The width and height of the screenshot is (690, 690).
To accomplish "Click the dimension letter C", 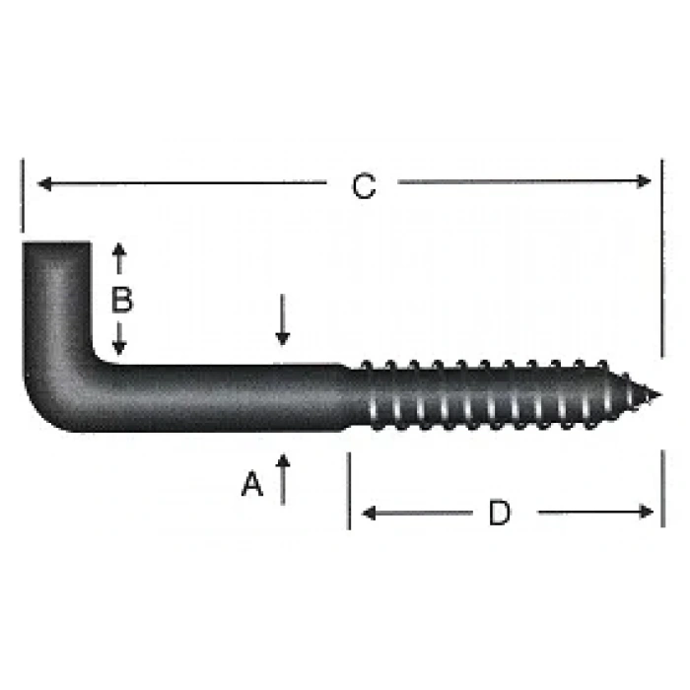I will click(365, 186).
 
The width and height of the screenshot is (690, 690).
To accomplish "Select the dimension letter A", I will click(253, 484).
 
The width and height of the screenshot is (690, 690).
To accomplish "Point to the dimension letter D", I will click(500, 513).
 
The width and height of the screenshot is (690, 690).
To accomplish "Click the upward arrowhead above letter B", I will click(119, 250).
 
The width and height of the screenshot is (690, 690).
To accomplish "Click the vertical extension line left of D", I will click(349, 490).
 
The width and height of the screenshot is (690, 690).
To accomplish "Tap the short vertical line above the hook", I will click(21, 197).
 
